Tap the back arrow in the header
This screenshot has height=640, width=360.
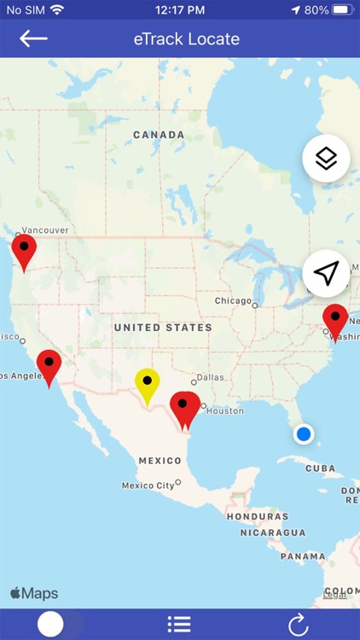click(x=33, y=38)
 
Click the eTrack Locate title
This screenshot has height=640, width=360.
click(x=187, y=39)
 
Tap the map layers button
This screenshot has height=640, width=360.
click(x=326, y=159)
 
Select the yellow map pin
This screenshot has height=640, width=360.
click(x=148, y=383)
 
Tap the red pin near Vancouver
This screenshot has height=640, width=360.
click(x=24, y=250)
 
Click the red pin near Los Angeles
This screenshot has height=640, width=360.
click(x=49, y=365)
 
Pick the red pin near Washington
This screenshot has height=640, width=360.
click(x=335, y=320)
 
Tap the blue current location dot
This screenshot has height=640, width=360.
click(x=303, y=434)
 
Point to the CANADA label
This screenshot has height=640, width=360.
click(x=159, y=135)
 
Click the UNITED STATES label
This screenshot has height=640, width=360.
click(x=163, y=328)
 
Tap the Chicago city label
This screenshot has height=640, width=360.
click(x=233, y=301)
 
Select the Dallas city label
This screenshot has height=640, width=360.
click(x=210, y=377)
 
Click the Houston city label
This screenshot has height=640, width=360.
click(x=224, y=410)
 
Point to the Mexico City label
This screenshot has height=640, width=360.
click(x=148, y=486)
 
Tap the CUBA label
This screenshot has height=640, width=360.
click(x=320, y=468)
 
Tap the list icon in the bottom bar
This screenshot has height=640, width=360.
click(x=179, y=624)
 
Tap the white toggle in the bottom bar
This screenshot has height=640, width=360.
click(x=51, y=624)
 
